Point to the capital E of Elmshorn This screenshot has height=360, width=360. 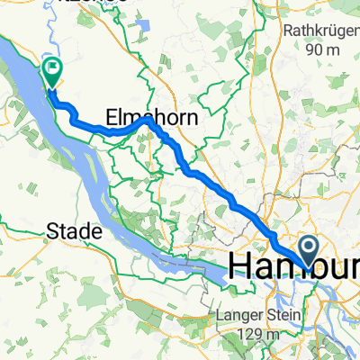[112, 118]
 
